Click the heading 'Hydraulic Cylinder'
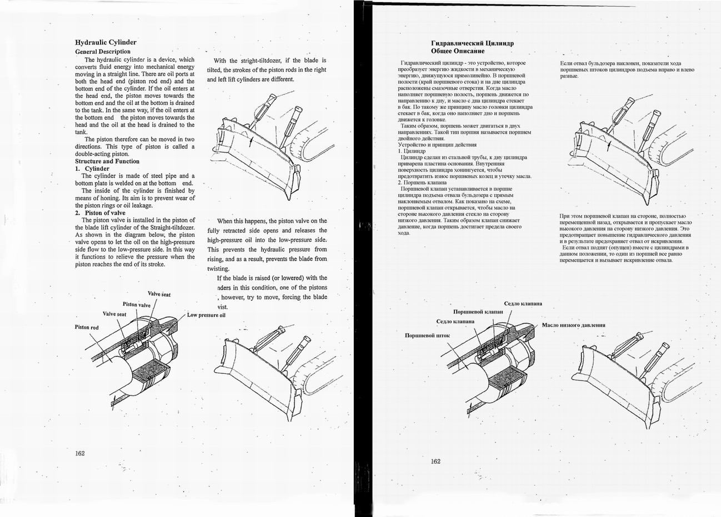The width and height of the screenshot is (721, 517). pos(106,42)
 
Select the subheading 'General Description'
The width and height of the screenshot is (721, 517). pos(102,52)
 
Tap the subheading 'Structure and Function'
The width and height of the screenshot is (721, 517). pos(107,161)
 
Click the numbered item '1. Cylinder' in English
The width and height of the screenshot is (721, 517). pos(92,169)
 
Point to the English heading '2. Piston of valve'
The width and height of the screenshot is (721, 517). pos(100,213)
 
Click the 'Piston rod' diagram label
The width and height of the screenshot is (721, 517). pos(87,327)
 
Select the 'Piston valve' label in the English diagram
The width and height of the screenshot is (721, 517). pos(137,305)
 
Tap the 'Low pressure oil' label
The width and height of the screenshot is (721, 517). pos(206,315)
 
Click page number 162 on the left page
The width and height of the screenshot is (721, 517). pos(80,453)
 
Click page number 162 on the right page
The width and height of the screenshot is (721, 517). pos(435,461)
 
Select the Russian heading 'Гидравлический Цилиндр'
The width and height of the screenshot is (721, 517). pos(472,43)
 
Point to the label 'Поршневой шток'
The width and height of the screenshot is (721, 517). pos(427,336)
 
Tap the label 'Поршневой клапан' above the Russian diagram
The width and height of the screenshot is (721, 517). pos(478,312)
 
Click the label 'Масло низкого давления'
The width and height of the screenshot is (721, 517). pos(573,325)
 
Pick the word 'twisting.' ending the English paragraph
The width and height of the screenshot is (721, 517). pos(218,268)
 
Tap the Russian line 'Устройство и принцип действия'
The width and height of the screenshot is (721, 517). pos(437,145)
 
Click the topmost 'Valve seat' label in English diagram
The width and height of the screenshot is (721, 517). pos(159,293)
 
